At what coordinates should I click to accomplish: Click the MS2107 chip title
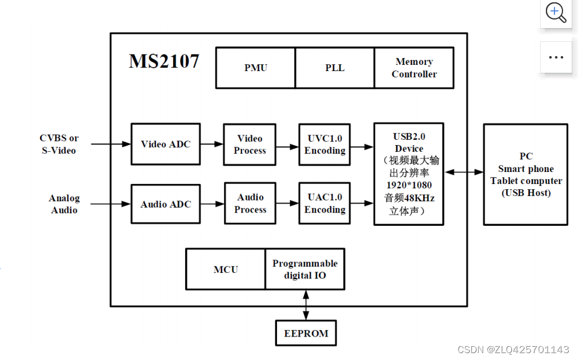(164, 61)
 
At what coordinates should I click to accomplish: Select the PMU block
(256, 68)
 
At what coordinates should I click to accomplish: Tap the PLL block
(335, 68)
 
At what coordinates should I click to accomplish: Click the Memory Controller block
(414, 68)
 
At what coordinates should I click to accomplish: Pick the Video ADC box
(166, 144)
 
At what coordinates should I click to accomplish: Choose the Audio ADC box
(166, 204)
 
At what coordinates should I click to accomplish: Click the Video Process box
(250, 144)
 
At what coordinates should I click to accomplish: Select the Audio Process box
(250, 204)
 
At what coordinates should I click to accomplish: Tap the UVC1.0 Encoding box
(325, 144)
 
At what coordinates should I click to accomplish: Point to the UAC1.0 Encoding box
(325, 204)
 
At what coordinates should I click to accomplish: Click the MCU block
(225, 269)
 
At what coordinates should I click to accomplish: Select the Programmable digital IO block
(305, 269)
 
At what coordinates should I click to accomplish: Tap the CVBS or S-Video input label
(58, 144)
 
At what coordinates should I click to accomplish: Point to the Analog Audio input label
(64, 204)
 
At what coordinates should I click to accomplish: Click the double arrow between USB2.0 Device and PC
(464, 172)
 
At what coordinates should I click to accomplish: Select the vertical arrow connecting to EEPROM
(306, 305)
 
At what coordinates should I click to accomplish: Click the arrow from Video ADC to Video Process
(212, 144)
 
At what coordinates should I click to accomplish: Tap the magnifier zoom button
(556, 12)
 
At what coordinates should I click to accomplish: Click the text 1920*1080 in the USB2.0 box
(409, 185)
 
